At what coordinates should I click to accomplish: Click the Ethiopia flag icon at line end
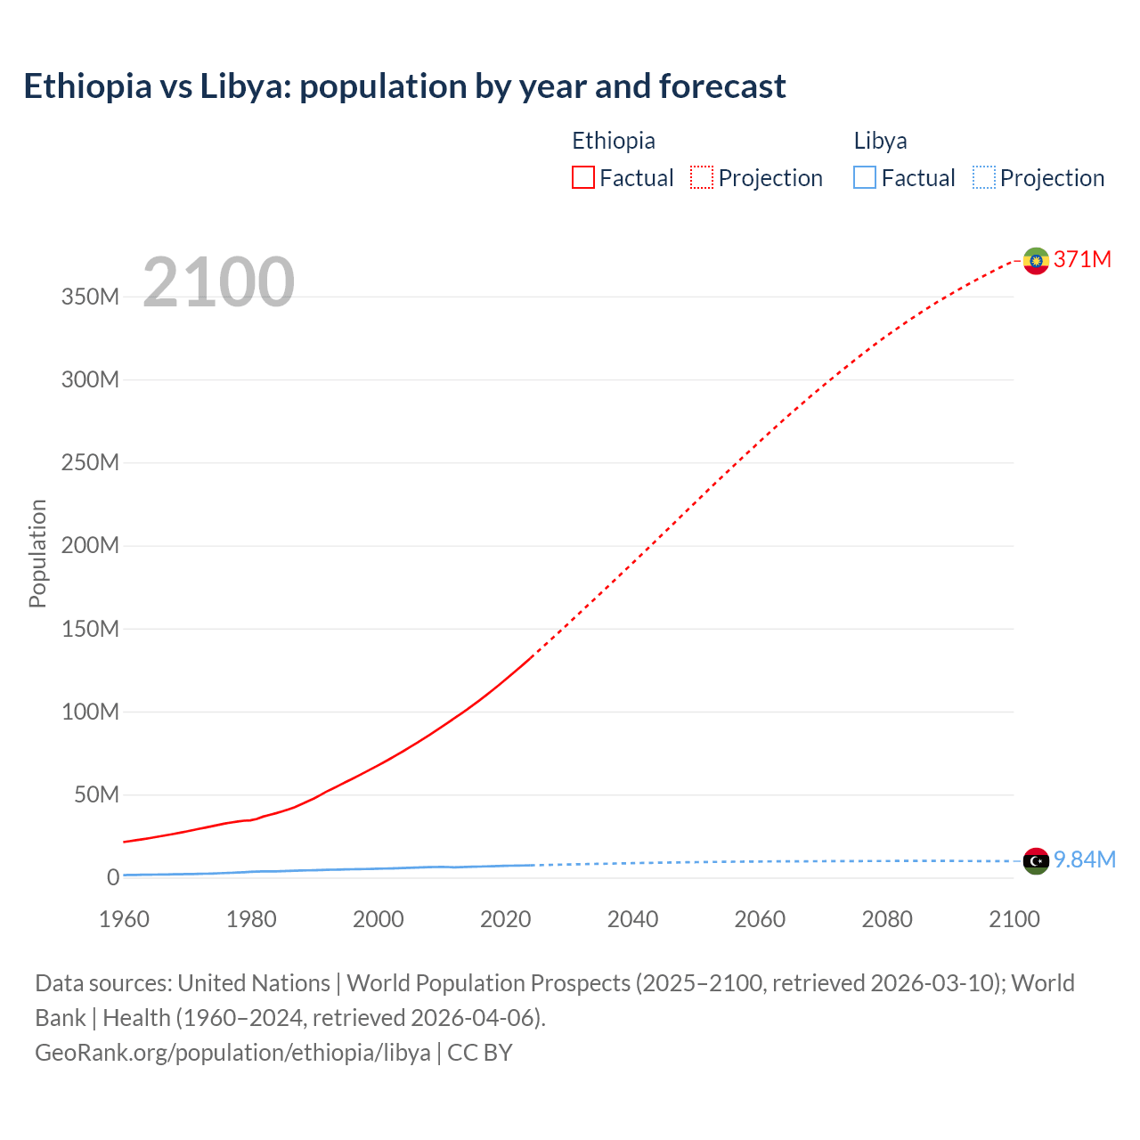coord(1036,260)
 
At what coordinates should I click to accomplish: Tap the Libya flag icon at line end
coord(1036,861)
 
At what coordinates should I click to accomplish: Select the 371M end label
coord(1082,259)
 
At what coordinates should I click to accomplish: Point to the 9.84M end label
coord(1084,859)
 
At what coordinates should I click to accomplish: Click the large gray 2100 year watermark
coord(218,281)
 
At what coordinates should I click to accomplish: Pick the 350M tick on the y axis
coord(90,297)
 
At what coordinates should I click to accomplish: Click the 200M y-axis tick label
coord(90,546)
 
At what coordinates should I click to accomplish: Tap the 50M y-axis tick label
coord(96,794)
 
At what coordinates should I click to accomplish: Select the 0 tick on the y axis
coord(113,878)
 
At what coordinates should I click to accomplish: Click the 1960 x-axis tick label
coord(124,919)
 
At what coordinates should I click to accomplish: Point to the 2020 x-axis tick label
coord(505,919)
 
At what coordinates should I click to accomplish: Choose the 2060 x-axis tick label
coord(760,919)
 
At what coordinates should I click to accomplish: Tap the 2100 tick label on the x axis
coord(1014,919)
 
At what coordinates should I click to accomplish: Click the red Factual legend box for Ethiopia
coord(583,178)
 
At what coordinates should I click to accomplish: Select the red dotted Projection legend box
coord(702,178)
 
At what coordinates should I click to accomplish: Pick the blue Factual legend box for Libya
coord(865,178)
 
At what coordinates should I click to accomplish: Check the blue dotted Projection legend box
coord(983,178)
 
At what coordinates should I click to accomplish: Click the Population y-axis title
coord(37,553)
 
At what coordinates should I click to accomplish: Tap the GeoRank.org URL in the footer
coord(232,1053)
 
